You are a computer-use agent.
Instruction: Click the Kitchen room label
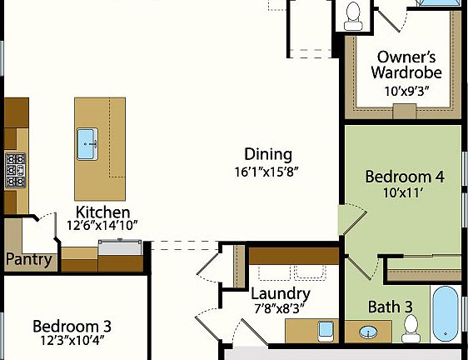pos(102,211)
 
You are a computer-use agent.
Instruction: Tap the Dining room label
pos(268,154)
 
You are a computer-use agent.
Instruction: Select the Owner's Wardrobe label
pos(406,64)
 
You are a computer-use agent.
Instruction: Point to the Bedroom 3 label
pos(72,326)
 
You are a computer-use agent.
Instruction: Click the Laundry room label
pos(281,294)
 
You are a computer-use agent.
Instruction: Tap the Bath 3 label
pos(391,307)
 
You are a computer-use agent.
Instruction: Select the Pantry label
pos(28,259)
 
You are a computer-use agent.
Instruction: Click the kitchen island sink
pos(88,143)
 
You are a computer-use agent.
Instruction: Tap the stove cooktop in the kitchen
pos(15,169)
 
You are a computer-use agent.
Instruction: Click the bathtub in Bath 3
pos(446,313)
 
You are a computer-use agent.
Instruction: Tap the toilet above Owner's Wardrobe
pos(352,12)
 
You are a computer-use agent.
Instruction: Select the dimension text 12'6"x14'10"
pos(102,225)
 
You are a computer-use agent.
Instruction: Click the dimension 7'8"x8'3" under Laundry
pos(281,309)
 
